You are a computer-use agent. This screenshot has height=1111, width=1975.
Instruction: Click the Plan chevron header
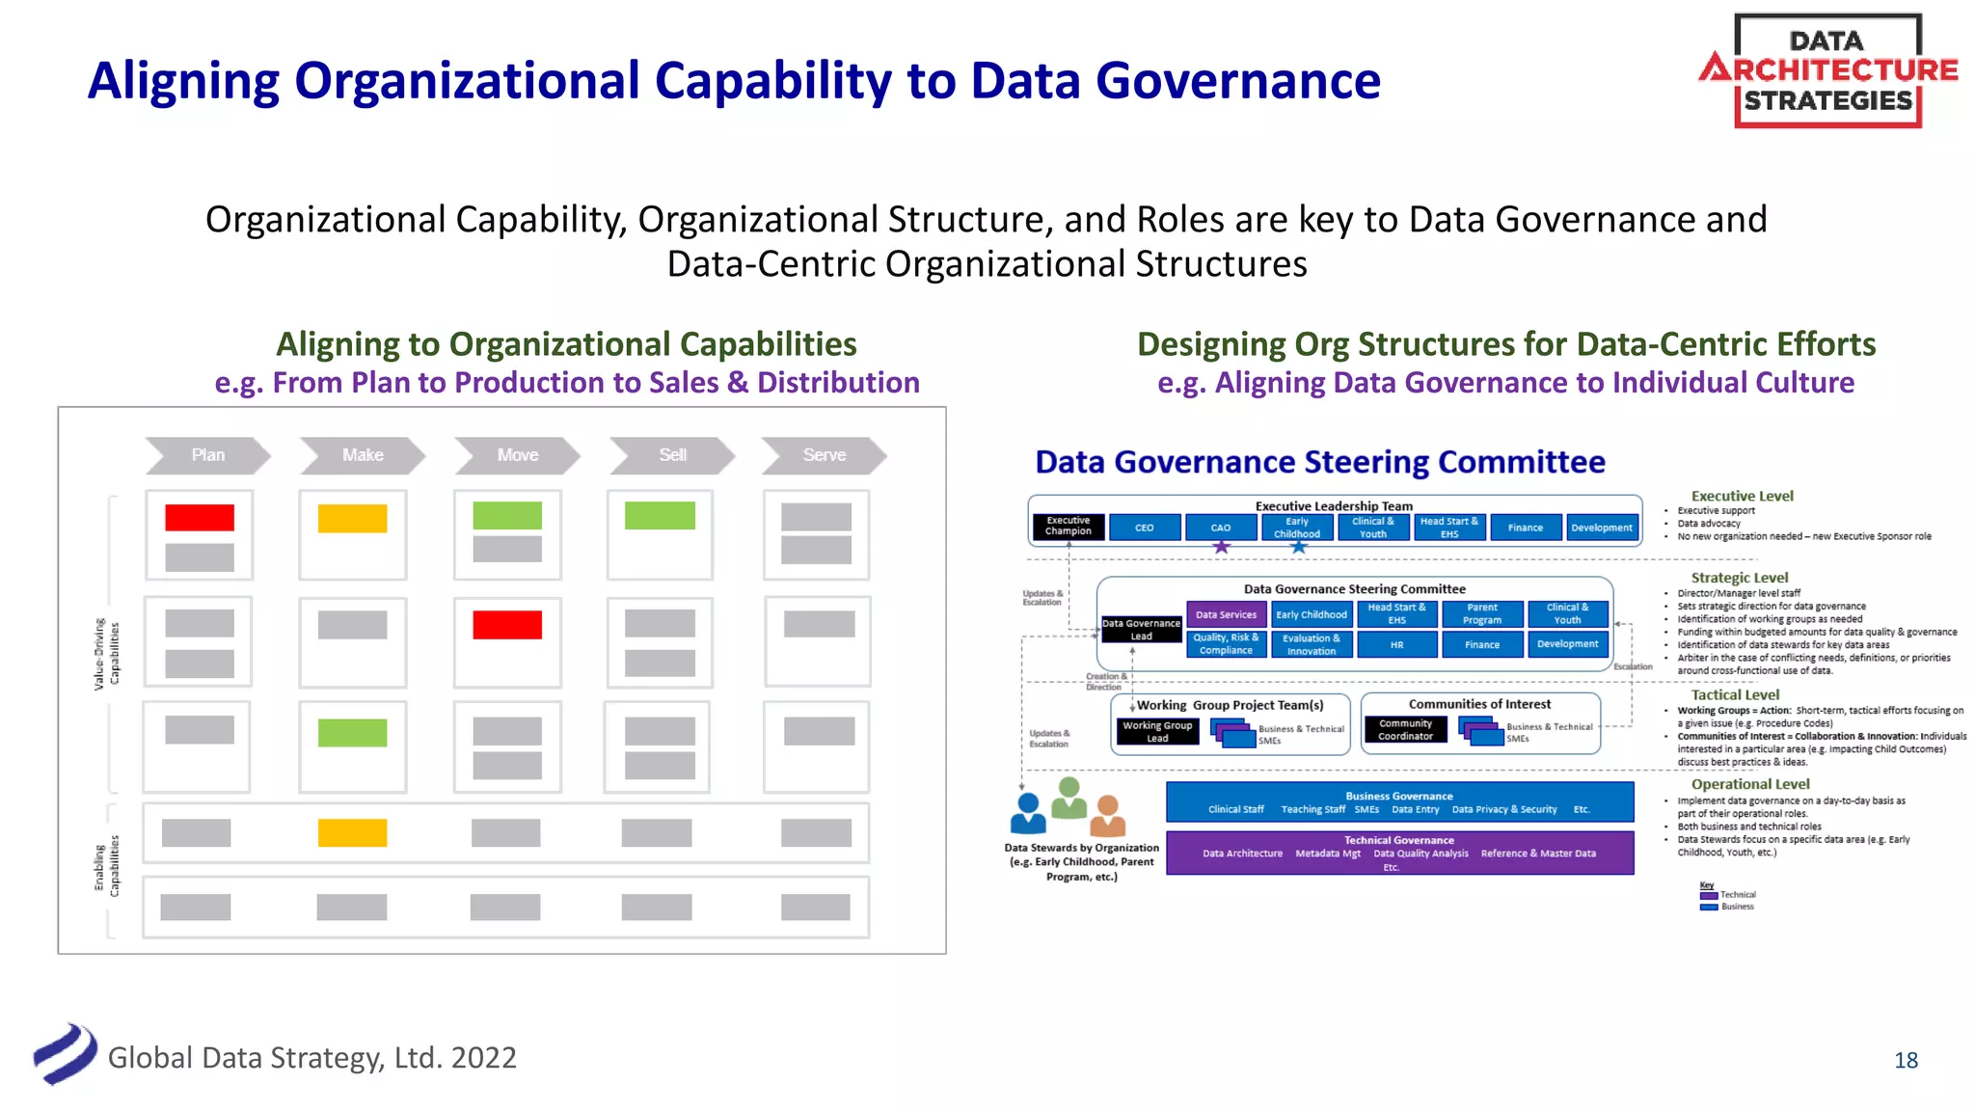(x=207, y=455)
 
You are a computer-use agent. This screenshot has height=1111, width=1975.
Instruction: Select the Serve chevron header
(x=824, y=455)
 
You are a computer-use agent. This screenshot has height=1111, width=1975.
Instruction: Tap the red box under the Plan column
(x=200, y=518)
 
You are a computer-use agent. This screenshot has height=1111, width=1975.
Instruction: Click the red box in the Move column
(x=507, y=625)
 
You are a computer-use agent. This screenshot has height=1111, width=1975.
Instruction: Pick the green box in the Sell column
(x=660, y=516)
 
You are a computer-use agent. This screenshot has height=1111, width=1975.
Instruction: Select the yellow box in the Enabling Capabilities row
(x=352, y=833)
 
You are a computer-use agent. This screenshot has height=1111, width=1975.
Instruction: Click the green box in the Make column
(x=352, y=733)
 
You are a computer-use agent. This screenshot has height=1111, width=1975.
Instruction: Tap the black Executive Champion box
(x=1069, y=527)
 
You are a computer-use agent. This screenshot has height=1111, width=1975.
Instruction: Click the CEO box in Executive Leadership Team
(x=1145, y=528)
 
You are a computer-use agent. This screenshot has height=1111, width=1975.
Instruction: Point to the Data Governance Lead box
(x=1142, y=630)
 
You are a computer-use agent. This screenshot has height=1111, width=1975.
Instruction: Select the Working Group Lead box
(x=1157, y=732)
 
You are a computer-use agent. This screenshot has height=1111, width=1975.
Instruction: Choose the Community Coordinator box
(x=1405, y=730)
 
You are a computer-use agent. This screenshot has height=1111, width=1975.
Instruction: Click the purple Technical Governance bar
(x=1399, y=853)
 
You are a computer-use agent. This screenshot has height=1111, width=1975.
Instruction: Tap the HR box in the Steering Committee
(x=1396, y=644)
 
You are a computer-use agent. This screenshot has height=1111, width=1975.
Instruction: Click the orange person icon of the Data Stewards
(x=1108, y=816)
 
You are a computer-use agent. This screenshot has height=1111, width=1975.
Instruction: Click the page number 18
(x=1906, y=1061)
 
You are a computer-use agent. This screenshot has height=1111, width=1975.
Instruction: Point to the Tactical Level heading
(x=1735, y=694)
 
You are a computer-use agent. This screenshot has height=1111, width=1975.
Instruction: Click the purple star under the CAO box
(x=1221, y=547)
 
